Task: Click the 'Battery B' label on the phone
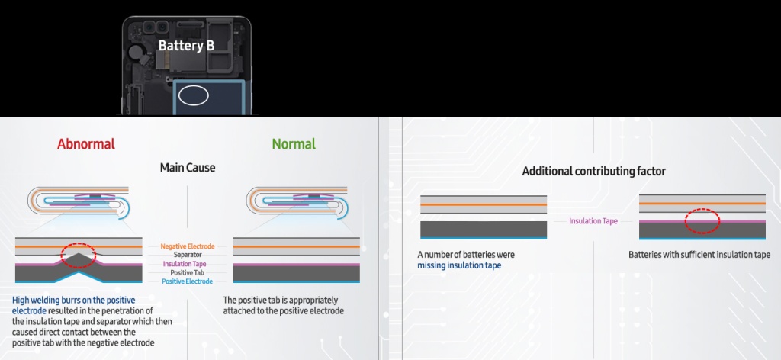tap(186, 45)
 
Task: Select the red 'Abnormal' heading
tap(86, 144)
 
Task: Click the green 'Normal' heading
tap(294, 144)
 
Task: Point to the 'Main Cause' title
tap(188, 167)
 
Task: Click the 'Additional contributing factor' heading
tap(593, 172)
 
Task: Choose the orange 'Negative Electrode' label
tap(188, 246)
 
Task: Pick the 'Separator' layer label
tap(188, 255)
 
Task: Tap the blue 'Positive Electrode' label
tap(188, 281)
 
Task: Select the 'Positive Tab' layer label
tap(188, 273)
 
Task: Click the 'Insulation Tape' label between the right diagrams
tap(593, 221)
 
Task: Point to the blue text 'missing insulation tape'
tap(459, 265)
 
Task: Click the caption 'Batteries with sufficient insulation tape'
tap(699, 255)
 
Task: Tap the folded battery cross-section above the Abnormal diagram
tap(79, 201)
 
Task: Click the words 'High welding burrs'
tap(50, 300)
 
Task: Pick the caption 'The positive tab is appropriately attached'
tap(283, 306)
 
